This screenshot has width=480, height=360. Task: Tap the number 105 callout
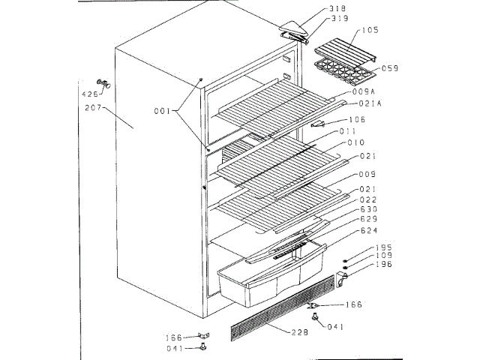click(370, 30)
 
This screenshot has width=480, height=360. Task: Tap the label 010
click(355, 142)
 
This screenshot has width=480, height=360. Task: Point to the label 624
click(367, 229)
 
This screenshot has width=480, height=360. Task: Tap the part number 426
click(89, 94)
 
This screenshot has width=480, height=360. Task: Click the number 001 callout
click(163, 112)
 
